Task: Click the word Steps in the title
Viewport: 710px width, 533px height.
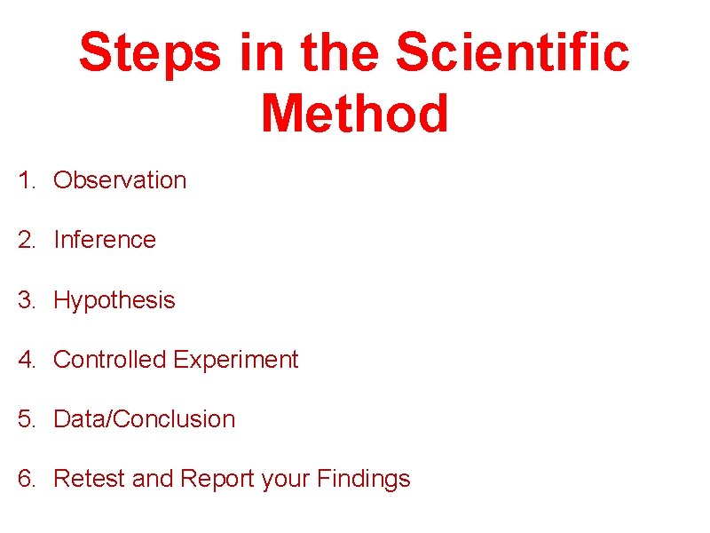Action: pos(149,53)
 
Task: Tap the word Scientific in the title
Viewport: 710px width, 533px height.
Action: pos(512,53)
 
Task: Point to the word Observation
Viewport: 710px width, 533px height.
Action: pos(120,180)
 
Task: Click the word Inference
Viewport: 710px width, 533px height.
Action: pos(105,240)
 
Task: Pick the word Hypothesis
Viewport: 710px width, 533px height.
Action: pos(114,300)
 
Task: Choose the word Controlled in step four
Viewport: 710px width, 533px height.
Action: pos(110,360)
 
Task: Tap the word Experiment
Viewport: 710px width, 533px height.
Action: pos(236,360)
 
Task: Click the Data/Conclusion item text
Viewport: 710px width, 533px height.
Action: pos(145,419)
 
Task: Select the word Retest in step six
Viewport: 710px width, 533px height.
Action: pos(90,479)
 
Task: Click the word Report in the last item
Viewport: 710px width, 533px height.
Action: pos(217,479)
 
